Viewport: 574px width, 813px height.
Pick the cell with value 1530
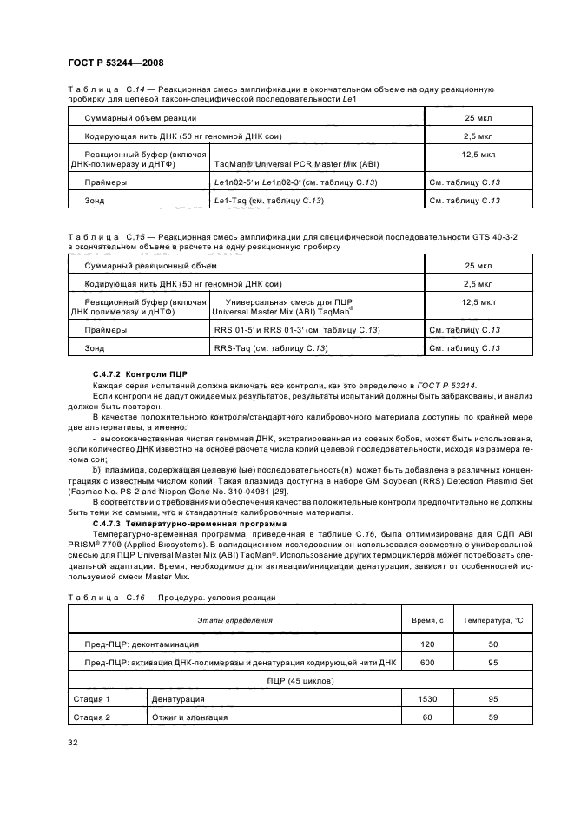pyautogui.click(x=426, y=698)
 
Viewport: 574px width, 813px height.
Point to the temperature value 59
pyautogui.click(x=492, y=717)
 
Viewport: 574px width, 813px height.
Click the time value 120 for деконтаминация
pyautogui.click(x=426, y=644)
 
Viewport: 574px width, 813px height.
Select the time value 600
pyautogui.click(x=426, y=662)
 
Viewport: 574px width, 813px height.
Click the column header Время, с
pyautogui.click(x=426, y=620)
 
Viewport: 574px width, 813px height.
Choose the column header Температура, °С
pyautogui.click(x=492, y=620)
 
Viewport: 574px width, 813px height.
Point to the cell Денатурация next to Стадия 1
pyautogui.click(x=178, y=698)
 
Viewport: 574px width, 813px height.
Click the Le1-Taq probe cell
pyautogui.click(x=268, y=201)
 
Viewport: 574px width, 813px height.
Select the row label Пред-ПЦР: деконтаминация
pyautogui.click(x=142, y=644)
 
